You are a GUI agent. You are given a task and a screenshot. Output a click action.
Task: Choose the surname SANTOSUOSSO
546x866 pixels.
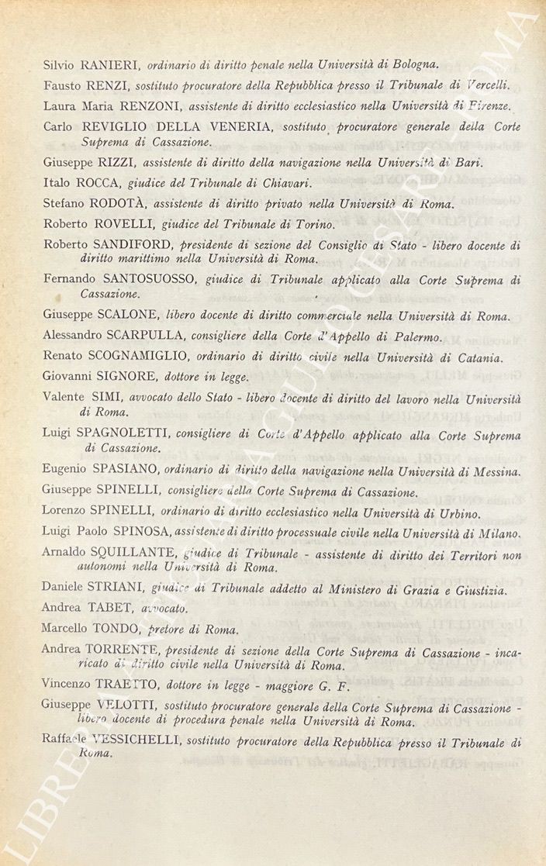point(150,281)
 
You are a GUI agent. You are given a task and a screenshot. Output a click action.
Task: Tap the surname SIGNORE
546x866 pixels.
point(123,378)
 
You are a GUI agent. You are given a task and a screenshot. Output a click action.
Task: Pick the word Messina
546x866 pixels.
point(494,471)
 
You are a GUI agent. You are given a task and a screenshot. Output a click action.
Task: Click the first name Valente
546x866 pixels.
point(63,397)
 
